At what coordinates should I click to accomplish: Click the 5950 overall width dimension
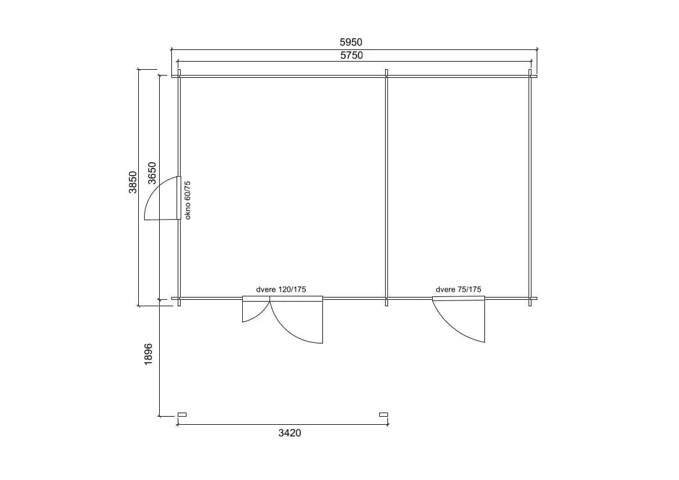[351, 42]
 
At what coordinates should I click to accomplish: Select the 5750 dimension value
[351, 55]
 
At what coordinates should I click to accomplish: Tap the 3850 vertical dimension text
[133, 182]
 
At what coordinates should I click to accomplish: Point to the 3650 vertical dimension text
[152, 173]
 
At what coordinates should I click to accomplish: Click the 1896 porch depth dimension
[149, 354]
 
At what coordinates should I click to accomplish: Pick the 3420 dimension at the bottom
[290, 433]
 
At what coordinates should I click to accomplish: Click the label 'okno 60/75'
[188, 200]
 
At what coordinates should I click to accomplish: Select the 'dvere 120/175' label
[281, 289]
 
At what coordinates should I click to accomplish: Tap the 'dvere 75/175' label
[459, 289]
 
